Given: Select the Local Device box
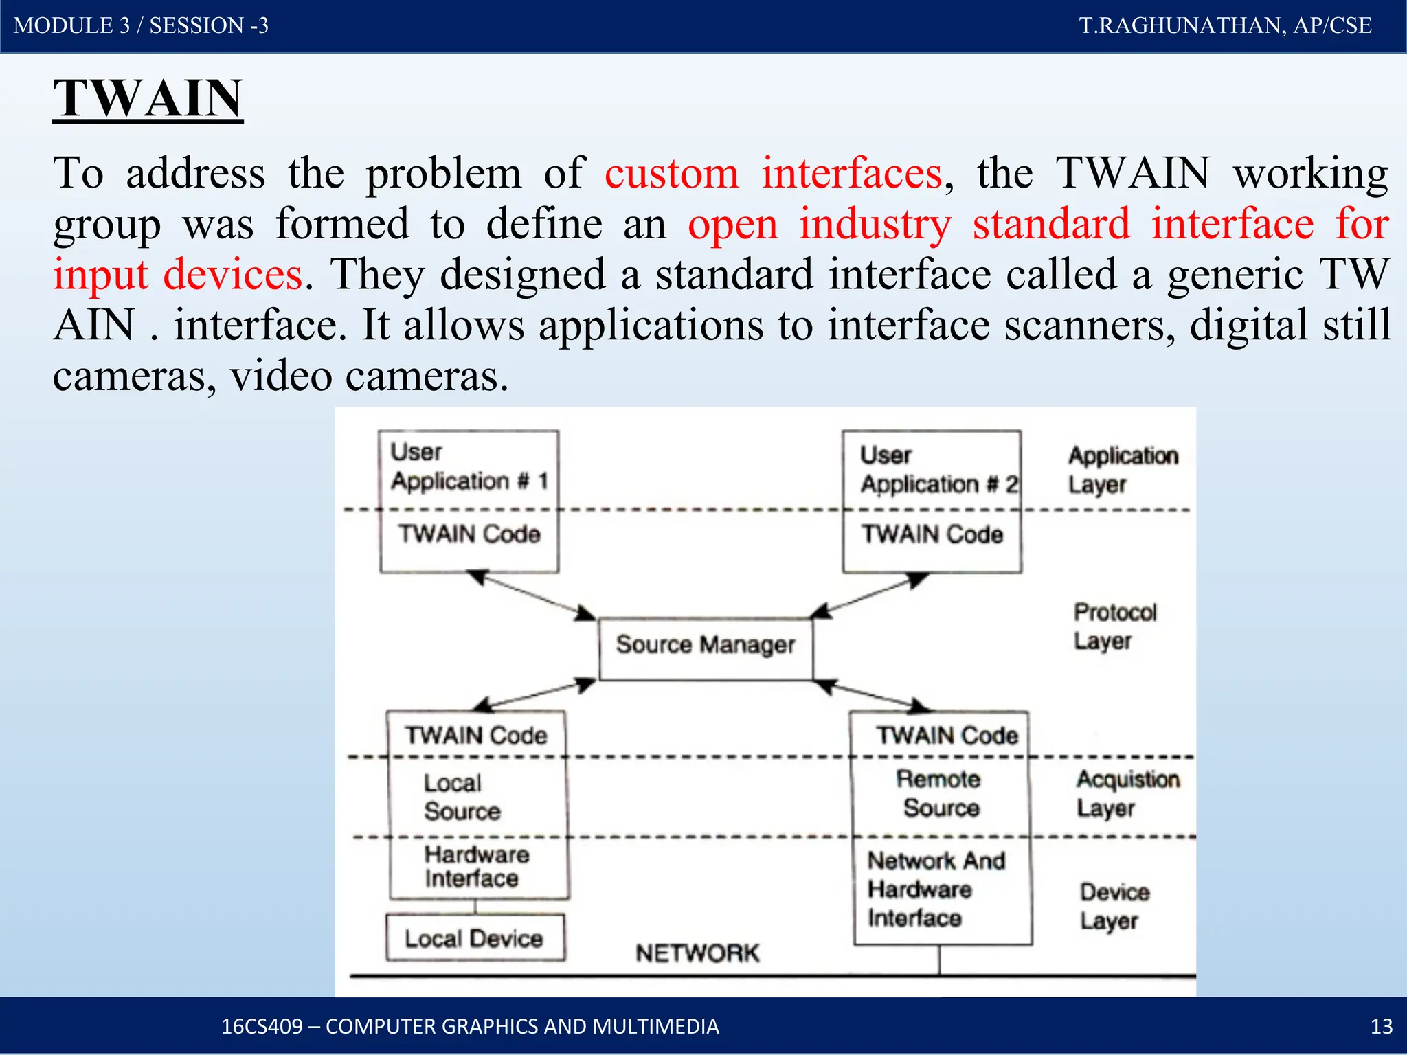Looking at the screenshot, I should [x=475, y=938].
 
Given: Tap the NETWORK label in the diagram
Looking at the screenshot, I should [x=697, y=953].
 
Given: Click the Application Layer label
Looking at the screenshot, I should [x=1122, y=470].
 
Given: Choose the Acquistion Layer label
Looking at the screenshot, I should [x=1127, y=793].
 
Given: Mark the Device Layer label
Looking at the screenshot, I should [x=1114, y=906].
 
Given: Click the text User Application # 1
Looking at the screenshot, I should [x=469, y=466].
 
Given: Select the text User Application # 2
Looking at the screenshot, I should [x=938, y=469].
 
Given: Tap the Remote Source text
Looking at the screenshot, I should [x=939, y=793].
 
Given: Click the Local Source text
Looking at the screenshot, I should [x=461, y=797].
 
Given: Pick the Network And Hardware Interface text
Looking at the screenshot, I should [x=935, y=889].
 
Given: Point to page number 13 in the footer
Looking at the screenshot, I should [x=1381, y=1026].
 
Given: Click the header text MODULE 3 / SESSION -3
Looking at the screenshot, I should [x=141, y=25].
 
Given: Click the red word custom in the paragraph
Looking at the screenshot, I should [x=671, y=173].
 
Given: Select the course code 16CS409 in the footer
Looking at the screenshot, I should [x=262, y=1026].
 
